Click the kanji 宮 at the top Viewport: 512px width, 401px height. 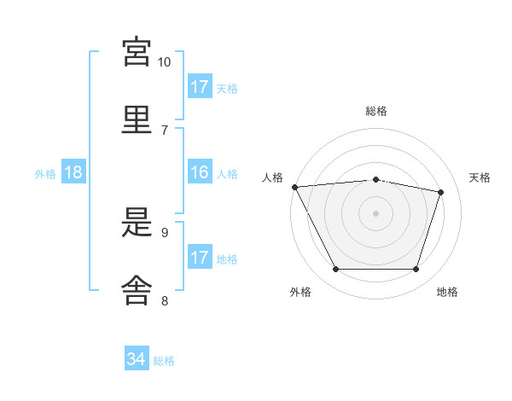(137, 51)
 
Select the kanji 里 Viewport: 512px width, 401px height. (137, 119)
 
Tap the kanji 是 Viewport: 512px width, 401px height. (137, 222)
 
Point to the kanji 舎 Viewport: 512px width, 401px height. (137, 290)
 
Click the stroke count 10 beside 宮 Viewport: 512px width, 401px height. (164, 62)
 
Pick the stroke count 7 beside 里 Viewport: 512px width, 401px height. (165, 131)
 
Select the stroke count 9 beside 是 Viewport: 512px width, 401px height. (165, 233)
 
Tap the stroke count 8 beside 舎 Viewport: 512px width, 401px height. (165, 300)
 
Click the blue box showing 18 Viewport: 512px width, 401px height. (73, 171)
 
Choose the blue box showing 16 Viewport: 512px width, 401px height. (200, 171)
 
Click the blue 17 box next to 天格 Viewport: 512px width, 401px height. (200, 86)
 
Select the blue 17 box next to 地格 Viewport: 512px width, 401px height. (200, 256)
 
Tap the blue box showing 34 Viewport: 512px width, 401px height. (137, 357)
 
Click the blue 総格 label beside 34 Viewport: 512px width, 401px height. (164, 361)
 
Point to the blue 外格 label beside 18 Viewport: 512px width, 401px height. (45, 174)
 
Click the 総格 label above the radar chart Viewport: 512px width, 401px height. (376, 111)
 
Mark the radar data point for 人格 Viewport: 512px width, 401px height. (295, 187)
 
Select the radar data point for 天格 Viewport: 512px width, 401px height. (440, 192)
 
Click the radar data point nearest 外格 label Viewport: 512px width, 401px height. (336, 269)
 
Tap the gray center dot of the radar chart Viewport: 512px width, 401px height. (375, 213)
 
